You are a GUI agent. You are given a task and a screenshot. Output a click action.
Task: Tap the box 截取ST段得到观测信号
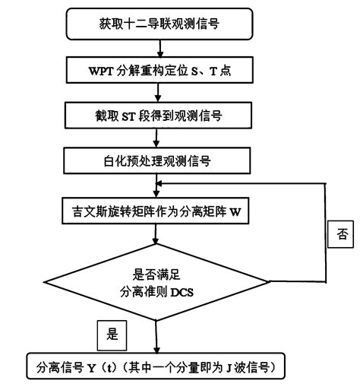point(156,116)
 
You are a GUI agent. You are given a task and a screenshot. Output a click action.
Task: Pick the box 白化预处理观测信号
point(156,160)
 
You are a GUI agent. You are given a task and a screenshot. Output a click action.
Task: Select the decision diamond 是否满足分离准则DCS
point(156,282)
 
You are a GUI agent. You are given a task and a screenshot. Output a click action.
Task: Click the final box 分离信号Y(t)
point(156,368)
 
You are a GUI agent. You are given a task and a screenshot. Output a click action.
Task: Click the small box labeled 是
point(112,334)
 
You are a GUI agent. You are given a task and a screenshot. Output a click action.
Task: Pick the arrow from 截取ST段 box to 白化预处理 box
point(156,138)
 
